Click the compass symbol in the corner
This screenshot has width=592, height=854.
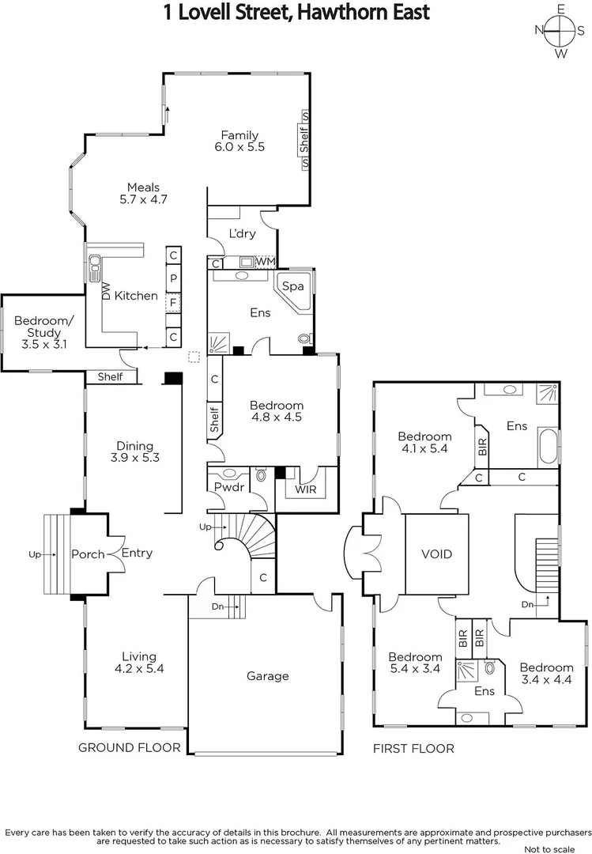click(x=561, y=31)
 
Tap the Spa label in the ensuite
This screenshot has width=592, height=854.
click(x=293, y=286)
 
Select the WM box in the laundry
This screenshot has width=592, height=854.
click(x=266, y=261)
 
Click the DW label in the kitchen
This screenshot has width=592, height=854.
click(x=104, y=291)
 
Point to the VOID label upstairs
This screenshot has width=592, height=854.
click(x=436, y=554)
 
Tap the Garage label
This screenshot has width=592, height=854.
click(x=267, y=676)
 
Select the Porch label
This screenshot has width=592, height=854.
click(x=88, y=554)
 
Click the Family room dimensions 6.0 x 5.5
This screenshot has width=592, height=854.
click(x=239, y=147)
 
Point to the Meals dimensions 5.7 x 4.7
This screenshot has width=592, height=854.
click(x=143, y=199)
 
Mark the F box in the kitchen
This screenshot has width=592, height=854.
click(x=173, y=300)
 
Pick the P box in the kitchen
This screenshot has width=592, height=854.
click(x=173, y=278)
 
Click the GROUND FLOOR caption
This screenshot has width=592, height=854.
click(x=129, y=747)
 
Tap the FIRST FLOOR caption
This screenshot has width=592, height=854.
click(x=413, y=748)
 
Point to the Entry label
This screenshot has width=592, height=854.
click(x=137, y=554)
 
